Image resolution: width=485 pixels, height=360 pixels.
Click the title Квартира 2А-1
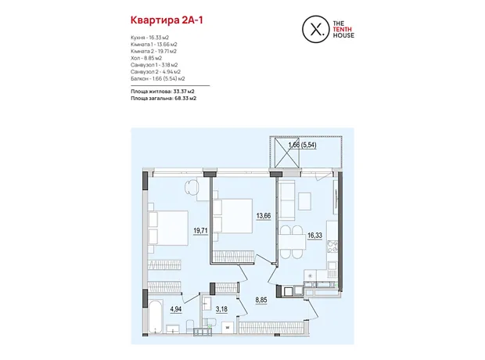pos(167,20)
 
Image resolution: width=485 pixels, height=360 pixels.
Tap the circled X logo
pos(315,29)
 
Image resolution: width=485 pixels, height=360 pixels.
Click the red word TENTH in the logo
pos(342,30)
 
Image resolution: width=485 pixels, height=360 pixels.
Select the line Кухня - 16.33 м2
pos(149,38)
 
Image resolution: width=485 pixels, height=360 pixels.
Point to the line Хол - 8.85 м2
pos(146,58)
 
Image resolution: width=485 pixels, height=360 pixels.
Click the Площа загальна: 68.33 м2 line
pos(163,99)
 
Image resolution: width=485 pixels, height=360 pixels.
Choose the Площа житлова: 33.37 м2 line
pos(163,92)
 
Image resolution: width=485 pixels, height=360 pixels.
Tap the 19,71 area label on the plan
pos(200,231)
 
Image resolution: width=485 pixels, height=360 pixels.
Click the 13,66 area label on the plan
pos(264,216)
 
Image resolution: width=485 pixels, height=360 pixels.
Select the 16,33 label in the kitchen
pos(314,236)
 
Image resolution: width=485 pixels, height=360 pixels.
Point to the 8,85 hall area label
pos(261,301)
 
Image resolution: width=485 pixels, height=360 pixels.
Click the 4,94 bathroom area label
pos(176,309)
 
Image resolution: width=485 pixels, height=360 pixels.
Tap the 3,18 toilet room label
pos(221,309)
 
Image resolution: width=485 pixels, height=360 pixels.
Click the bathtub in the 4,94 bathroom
pos(156,315)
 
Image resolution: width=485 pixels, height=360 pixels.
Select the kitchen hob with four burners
pos(332,247)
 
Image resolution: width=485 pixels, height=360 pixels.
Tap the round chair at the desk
pos(192,187)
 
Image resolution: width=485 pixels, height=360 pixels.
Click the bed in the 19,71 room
pos(168,229)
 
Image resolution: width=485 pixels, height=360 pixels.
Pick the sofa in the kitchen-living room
pos(287,200)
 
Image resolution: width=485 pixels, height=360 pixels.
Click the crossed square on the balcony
pos(287,153)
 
